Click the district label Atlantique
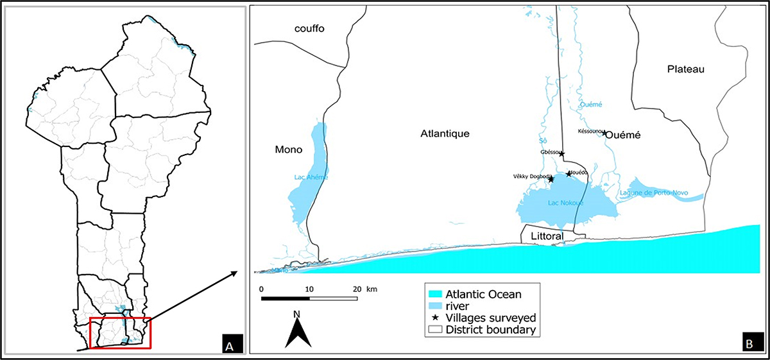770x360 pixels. pos(445,134)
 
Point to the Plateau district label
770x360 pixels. pos(685,69)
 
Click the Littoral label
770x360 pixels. pos(547,237)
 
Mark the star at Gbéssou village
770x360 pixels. pos(561,153)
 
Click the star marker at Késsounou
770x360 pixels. pos(604,133)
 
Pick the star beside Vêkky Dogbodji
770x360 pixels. pos(551,180)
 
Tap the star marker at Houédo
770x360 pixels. pos(568,174)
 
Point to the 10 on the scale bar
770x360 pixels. pos(309,289)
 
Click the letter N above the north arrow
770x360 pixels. pos(296,314)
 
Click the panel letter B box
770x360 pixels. pos(748,344)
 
